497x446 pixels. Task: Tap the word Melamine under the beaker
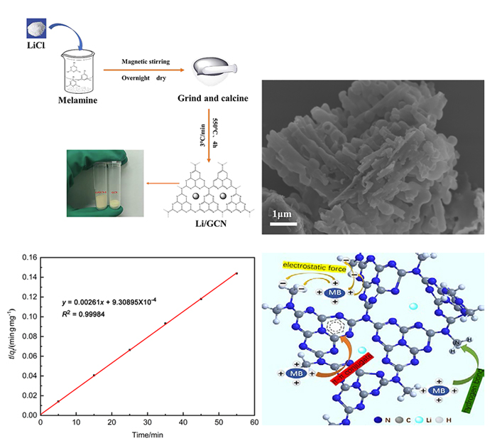click(x=77, y=100)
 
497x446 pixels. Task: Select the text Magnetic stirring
click(x=146, y=62)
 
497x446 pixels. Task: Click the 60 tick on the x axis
click(x=254, y=423)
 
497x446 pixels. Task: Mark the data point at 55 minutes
click(x=236, y=273)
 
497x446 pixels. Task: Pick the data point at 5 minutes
click(x=58, y=401)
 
